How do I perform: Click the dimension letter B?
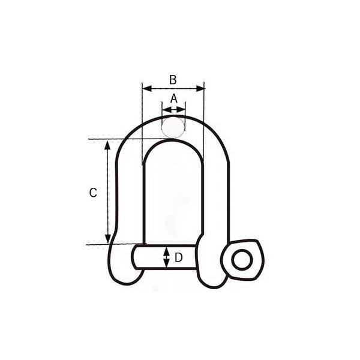click(173, 80)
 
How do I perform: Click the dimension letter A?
click(174, 99)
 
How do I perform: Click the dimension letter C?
click(93, 193)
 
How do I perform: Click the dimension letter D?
click(178, 257)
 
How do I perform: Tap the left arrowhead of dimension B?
click(147, 88)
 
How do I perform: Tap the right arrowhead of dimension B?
click(200, 88)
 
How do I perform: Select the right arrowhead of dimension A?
click(181, 110)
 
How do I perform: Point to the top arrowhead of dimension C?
click(107, 145)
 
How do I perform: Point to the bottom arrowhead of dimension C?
click(107, 239)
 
